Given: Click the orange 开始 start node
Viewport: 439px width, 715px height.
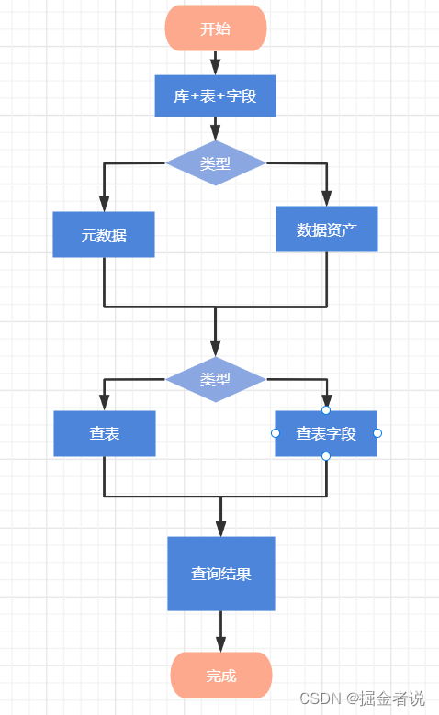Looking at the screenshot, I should tap(216, 28).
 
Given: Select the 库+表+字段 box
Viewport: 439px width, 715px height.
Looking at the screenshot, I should tap(216, 96).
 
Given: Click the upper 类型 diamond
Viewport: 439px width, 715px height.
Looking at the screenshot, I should tap(216, 163).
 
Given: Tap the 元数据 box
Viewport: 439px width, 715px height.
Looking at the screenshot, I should tap(104, 235).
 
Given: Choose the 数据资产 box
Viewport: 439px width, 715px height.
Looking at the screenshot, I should tap(327, 229).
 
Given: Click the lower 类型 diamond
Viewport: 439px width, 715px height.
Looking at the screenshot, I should tap(216, 379).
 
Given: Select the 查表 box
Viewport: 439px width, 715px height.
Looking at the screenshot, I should tap(105, 433).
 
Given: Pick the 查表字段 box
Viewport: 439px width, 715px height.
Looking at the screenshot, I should tap(326, 433).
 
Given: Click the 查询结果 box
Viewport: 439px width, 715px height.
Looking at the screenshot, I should tap(221, 574).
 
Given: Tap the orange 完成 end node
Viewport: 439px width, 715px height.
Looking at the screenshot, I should tap(221, 676).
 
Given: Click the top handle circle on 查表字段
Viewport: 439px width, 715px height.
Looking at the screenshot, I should tap(326, 410).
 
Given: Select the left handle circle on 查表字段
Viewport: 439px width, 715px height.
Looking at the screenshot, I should tap(275, 433).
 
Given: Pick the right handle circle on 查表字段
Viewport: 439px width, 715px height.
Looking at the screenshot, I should tap(377, 433).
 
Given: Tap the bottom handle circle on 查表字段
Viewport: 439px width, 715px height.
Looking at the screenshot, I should tap(326, 456).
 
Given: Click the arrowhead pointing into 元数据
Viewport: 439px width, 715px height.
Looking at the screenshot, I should tap(104, 204).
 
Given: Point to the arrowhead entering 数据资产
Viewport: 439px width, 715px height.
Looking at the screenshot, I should tap(327, 198).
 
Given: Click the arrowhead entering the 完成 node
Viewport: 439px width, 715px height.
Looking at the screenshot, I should tap(221, 644).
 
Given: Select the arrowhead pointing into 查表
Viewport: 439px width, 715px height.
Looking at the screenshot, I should tap(105, 403).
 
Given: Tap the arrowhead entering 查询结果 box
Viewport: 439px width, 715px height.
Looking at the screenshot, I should tap(221, 529).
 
